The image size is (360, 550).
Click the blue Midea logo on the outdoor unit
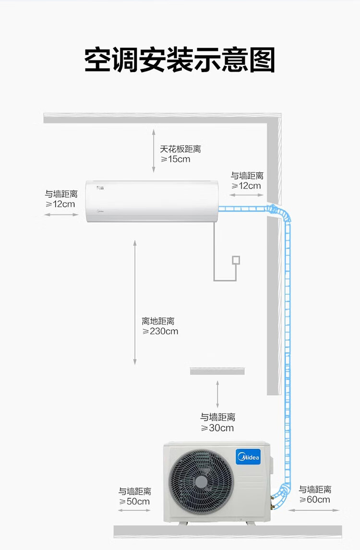click(248, 457)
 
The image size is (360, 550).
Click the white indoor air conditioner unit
click(152, 202)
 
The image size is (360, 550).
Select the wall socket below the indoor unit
click(236, 260)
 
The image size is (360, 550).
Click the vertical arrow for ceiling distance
click(153, 151)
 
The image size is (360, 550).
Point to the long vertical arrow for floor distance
click(135, 302)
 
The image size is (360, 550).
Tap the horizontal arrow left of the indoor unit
click(61, 215)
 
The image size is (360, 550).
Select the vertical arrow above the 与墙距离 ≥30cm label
click(217, 394)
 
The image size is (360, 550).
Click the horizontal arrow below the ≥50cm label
click(134, 510)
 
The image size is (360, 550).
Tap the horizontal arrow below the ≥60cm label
click(314, 510)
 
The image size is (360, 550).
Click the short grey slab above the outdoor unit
click(217, 371)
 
